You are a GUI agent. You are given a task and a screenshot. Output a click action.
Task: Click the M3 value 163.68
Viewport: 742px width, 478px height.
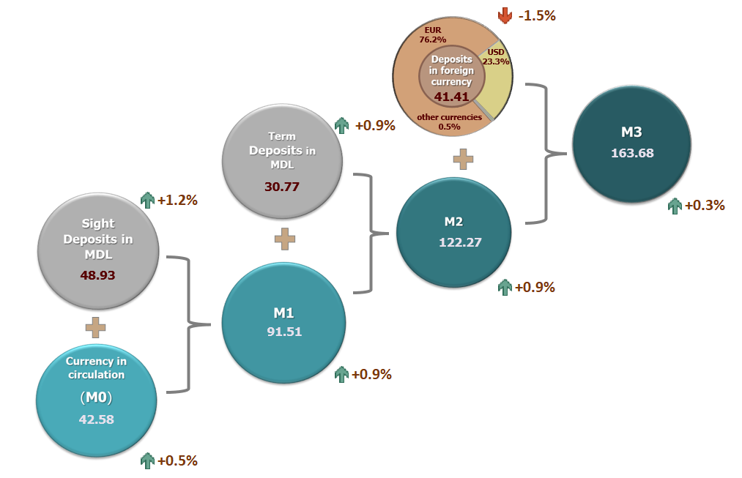coord(631,154)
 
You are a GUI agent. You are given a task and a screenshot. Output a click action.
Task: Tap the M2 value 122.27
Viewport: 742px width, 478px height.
coord(459,242)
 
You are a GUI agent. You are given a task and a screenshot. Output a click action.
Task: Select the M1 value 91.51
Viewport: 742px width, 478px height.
coord(283,331)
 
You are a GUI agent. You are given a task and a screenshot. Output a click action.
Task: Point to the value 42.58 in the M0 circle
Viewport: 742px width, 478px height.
coord(97,419)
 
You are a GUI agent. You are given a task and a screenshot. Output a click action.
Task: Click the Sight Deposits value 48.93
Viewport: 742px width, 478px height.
coord(97,275)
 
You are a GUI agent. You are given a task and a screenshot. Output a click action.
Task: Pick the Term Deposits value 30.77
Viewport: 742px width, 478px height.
coord(282,187)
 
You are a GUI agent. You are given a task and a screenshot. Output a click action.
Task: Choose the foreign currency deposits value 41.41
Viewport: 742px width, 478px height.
coord(451,96)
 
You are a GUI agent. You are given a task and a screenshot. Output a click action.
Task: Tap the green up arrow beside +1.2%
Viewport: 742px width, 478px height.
coord(147,200)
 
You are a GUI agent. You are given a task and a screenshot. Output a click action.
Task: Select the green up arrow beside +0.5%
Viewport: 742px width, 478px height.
coord(147,460)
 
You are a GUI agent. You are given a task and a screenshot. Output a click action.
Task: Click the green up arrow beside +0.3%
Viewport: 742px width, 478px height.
coord(675,206)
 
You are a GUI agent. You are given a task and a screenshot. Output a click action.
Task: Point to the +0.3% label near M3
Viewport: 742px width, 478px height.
coord(705,206)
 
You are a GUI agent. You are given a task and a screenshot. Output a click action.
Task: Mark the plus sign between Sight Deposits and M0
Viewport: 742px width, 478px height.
coord(96,327)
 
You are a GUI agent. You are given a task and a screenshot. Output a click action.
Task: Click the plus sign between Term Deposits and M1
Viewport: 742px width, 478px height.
coord(284,239)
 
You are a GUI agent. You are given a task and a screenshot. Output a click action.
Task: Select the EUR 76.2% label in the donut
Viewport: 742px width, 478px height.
coord(433,36)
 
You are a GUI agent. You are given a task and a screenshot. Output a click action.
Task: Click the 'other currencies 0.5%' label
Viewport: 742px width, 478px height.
coord(449,122)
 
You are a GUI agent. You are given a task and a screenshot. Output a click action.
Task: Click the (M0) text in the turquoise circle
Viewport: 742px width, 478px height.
coord(97,397)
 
